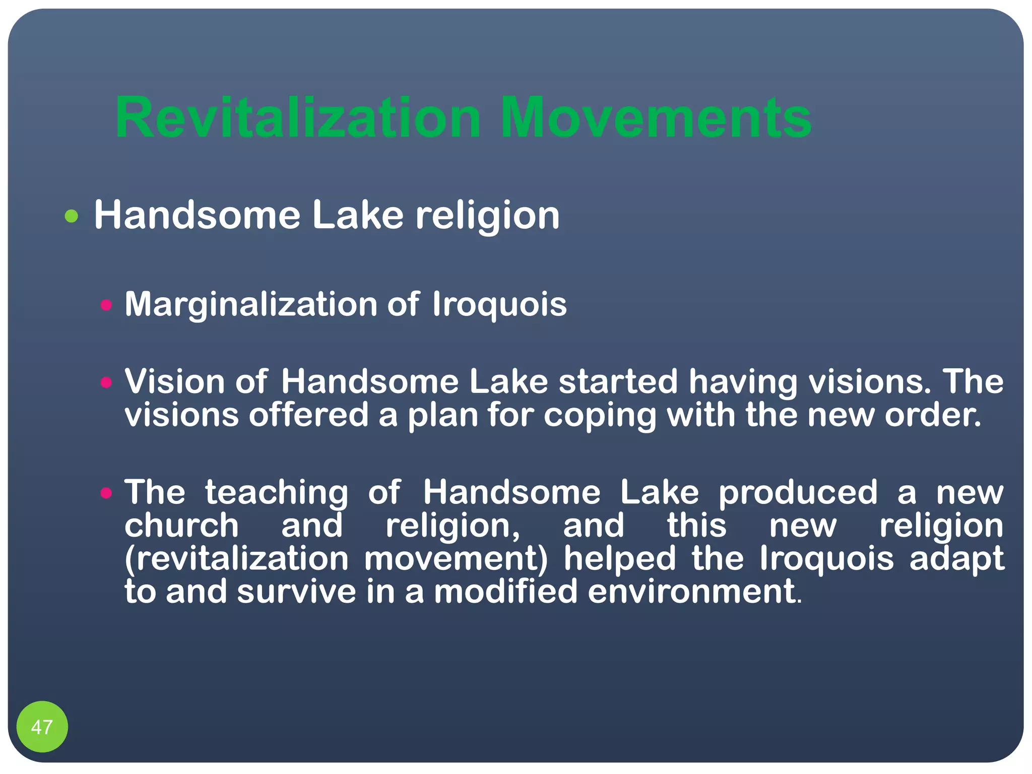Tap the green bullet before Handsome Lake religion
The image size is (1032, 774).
tap(72, 216)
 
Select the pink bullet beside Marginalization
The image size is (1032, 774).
tap(106, 305)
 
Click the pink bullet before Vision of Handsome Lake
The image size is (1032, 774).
tap(106, 382)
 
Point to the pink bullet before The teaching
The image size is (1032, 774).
tap(106, 493)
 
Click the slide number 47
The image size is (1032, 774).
tap(42, 727)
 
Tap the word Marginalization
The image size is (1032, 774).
tap(251, 305)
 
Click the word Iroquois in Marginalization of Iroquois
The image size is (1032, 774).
tap(499, 305)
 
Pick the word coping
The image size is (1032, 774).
tap(600, 416)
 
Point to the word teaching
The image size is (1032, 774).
tap(276, 493)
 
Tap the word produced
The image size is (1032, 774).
tap(798, 493)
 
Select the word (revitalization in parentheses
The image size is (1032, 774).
tap(236, 559)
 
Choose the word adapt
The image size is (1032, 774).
tap(956, 560)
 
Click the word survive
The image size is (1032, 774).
tap(296, 592)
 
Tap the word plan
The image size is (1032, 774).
tap(442, 416)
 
